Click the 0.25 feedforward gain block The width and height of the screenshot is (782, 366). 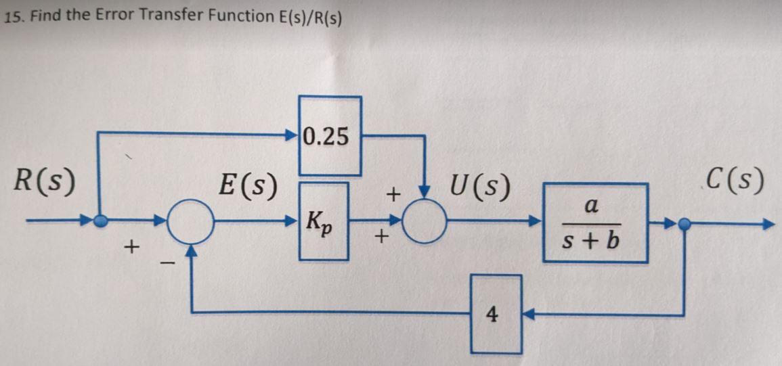(x=330, y=137)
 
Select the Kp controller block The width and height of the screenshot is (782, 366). (x=324, y=221)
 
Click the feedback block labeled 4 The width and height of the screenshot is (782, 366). (x=496, y=314)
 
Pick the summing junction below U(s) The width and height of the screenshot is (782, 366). (x=425, y=221)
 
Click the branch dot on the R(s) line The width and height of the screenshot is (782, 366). (x=100, y=221)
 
